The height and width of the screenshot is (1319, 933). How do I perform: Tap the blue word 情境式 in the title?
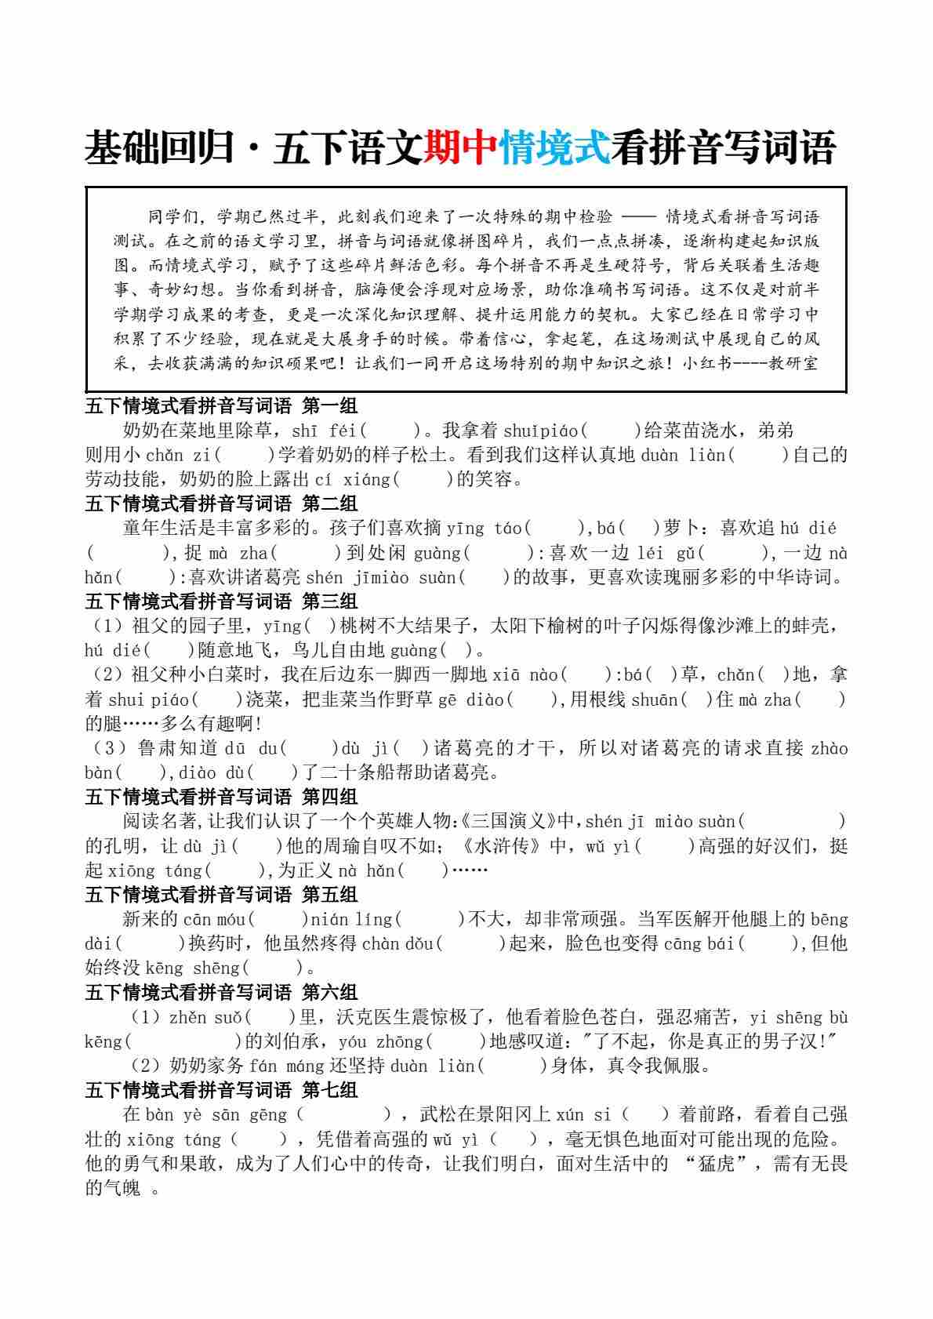point(555,147)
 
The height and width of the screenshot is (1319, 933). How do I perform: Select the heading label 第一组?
point(330,405)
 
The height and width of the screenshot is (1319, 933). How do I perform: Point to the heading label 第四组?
point(330,797)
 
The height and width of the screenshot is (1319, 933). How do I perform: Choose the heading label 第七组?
point(330,1090)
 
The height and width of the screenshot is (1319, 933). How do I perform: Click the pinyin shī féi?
point(323,431)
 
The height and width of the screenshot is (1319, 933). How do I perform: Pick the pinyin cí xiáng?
point(357,479)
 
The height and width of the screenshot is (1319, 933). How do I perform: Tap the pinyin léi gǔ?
point(666,553)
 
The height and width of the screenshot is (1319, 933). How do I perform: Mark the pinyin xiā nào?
point(525,675)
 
